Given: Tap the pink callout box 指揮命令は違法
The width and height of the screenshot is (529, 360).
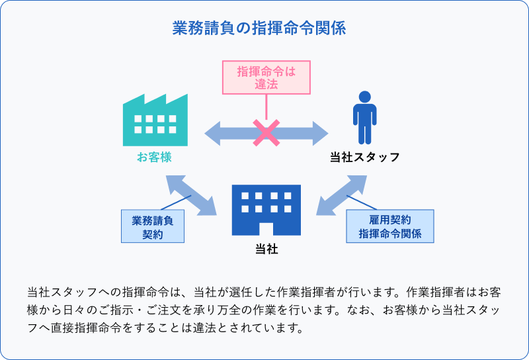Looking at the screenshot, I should click(x=265, y=77).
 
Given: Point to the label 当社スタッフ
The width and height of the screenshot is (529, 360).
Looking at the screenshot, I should click(x=364, y=157).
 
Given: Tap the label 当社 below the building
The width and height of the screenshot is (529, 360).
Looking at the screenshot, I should click(x=266, y=249).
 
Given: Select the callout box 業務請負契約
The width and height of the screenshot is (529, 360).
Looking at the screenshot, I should click(x=152, y=226).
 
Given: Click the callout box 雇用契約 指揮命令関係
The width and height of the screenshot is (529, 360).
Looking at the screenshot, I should click(x=390, y=226).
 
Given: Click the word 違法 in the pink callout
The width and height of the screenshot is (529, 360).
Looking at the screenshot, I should click(x=265, y=83).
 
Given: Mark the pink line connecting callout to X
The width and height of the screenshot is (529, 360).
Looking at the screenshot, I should click(x=266, y=106).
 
